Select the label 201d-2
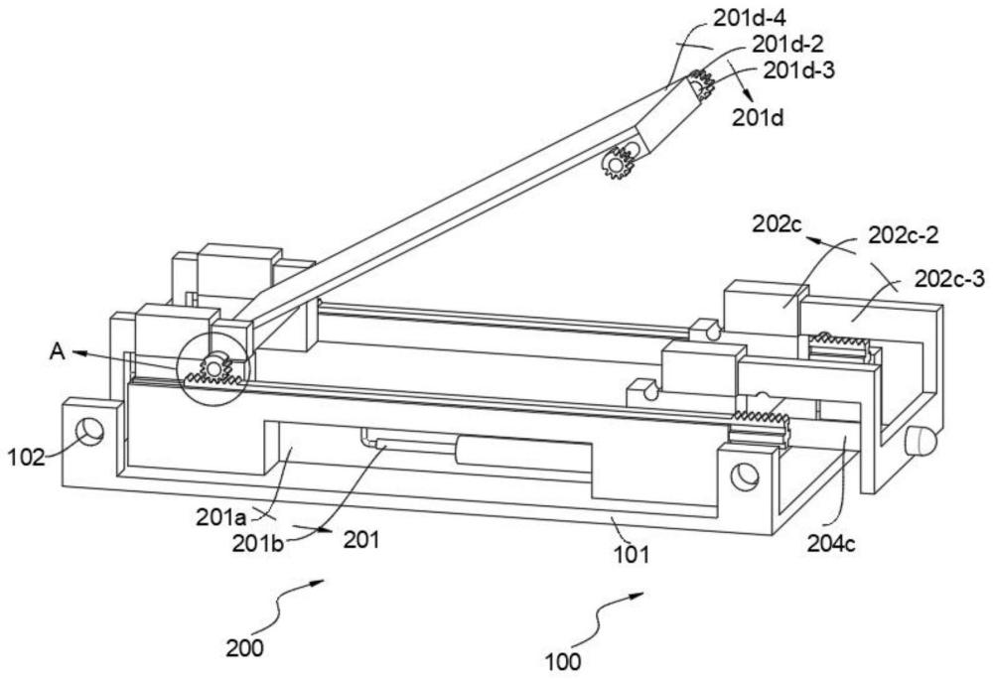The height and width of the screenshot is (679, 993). [790, 45]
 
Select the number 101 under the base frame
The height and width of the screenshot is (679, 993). [631, 554]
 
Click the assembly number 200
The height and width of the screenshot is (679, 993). [244, 649]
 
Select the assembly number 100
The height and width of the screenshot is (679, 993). [562, 658]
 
